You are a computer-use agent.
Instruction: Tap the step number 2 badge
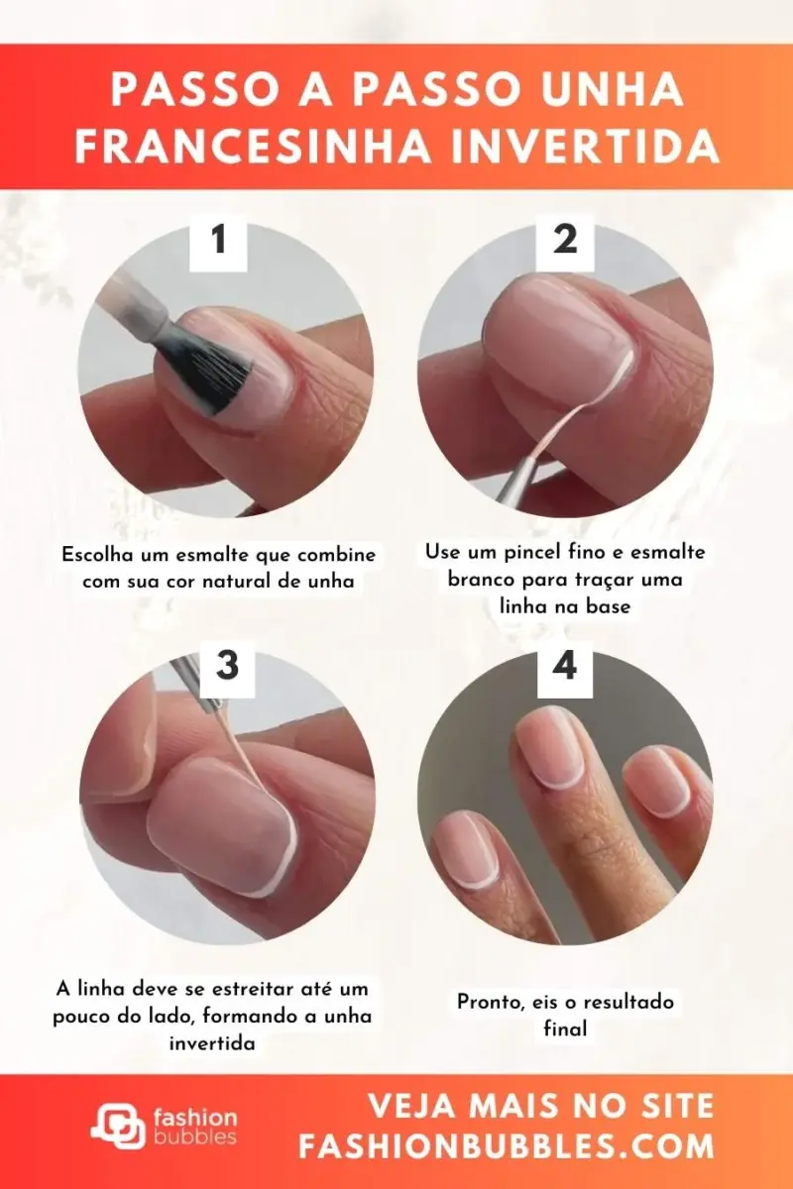[565, 241]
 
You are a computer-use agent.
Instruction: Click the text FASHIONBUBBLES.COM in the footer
[507, 1146]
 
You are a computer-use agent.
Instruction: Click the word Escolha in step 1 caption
[95, 555]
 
